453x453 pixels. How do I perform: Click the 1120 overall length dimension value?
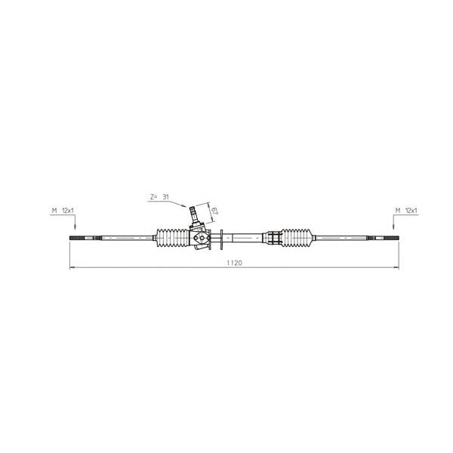point(234,263)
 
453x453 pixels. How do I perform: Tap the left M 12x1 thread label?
point(63,211)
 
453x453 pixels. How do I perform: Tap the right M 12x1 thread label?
point(406,211)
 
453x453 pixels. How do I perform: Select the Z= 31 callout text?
point(159,197)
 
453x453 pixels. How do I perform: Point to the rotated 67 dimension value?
point(214,210)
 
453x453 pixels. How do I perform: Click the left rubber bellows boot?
point(172,239)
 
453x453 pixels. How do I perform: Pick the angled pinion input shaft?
point(193,214)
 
